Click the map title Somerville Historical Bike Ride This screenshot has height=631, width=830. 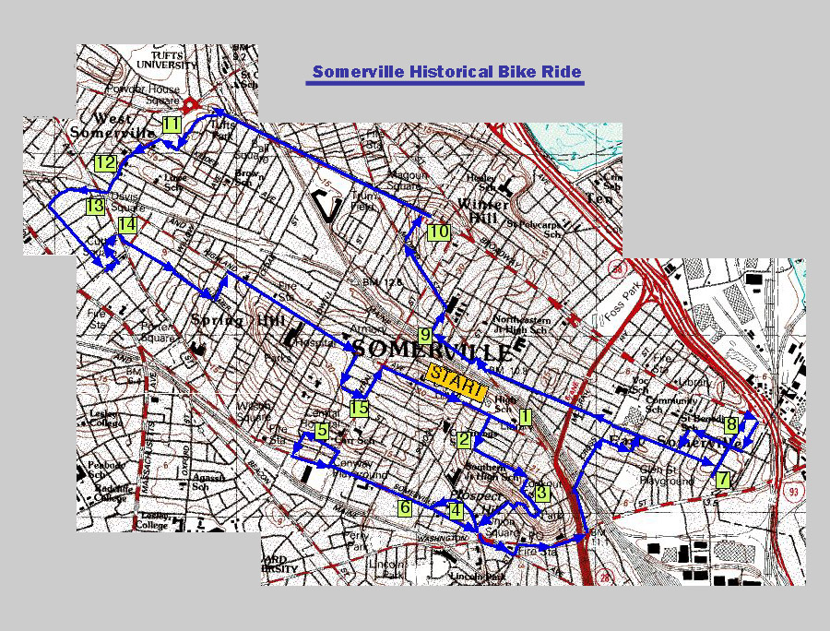(x=446, y=72)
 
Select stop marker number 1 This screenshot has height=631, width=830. (x=525, y=416)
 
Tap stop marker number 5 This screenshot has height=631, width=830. (x=322, y=431)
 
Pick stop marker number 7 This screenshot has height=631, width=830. (x=723, y=480)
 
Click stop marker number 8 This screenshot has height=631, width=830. (x=731, y=424)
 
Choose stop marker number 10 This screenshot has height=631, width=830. (x=438, y=232)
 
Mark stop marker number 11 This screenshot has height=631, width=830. (x=172, y=124)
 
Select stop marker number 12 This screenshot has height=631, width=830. (x=104, y=162)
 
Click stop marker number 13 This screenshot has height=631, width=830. (x=95, y=206)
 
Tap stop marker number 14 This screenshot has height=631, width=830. (x=127, y=224)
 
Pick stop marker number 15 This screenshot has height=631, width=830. (x=359, y=409)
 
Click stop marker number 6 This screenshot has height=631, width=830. (x=405, y=508)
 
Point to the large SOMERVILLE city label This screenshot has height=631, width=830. (x=432, y=351)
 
